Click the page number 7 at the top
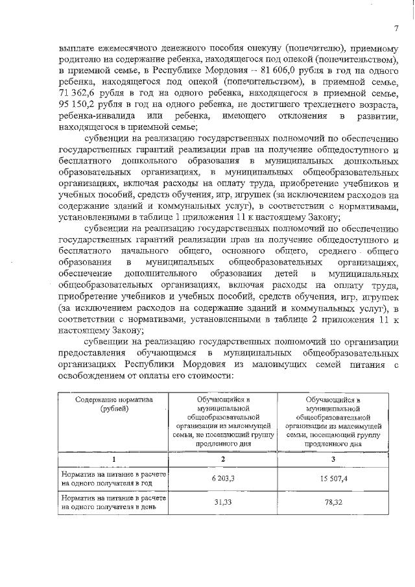pos(394,27)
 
